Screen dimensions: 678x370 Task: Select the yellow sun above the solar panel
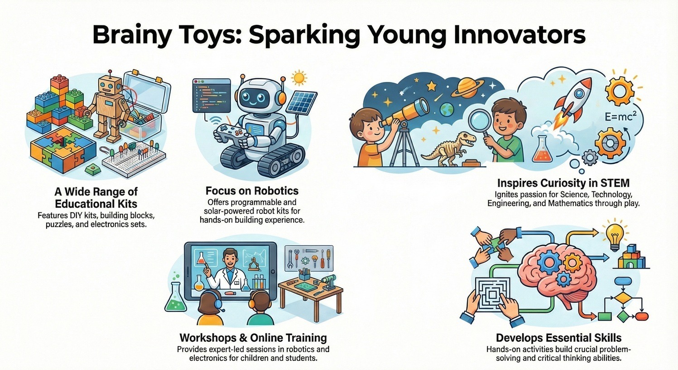coord(299,78)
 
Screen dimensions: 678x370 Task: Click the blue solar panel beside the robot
coord(302,101)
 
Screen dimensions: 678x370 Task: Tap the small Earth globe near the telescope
coord(447,109)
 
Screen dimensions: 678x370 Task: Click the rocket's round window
coord(579,93)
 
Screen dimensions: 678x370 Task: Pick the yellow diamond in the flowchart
coord(623,299)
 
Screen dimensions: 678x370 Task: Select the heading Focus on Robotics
coord(252,190)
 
